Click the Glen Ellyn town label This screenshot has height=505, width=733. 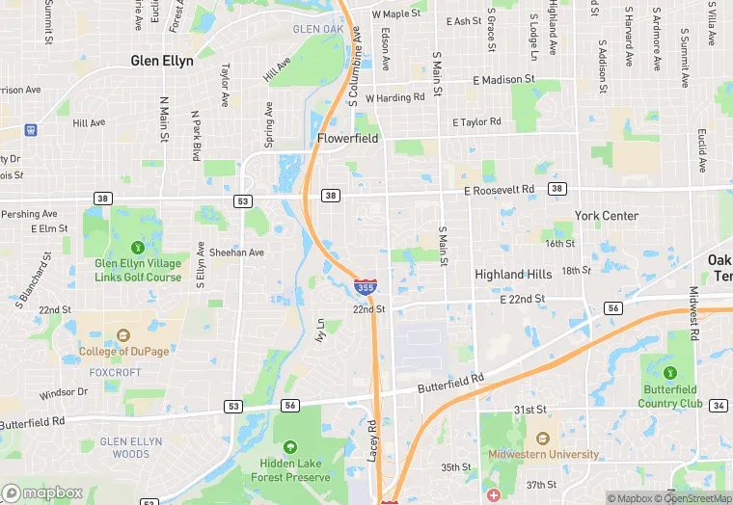tap(162, 61)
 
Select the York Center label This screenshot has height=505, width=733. tap(607, 216)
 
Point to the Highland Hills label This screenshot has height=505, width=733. tap(513, 275)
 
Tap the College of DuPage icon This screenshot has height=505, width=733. tap(123, 336)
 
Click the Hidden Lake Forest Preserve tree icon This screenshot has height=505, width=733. tap(290, 447)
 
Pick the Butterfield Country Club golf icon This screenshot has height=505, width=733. tap(670, 369)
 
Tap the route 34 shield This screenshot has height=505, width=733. tap(719, 405)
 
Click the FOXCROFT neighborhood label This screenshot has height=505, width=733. tap(115, 371)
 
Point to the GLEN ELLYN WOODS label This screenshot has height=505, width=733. tap(118, 448)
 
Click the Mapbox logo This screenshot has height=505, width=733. tap(43, 492)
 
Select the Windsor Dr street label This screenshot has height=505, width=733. tap(64, 393)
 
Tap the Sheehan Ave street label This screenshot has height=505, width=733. tap(236, 252)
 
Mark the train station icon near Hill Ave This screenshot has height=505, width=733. tap(31, 128)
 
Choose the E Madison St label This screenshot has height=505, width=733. tap(503, 80)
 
